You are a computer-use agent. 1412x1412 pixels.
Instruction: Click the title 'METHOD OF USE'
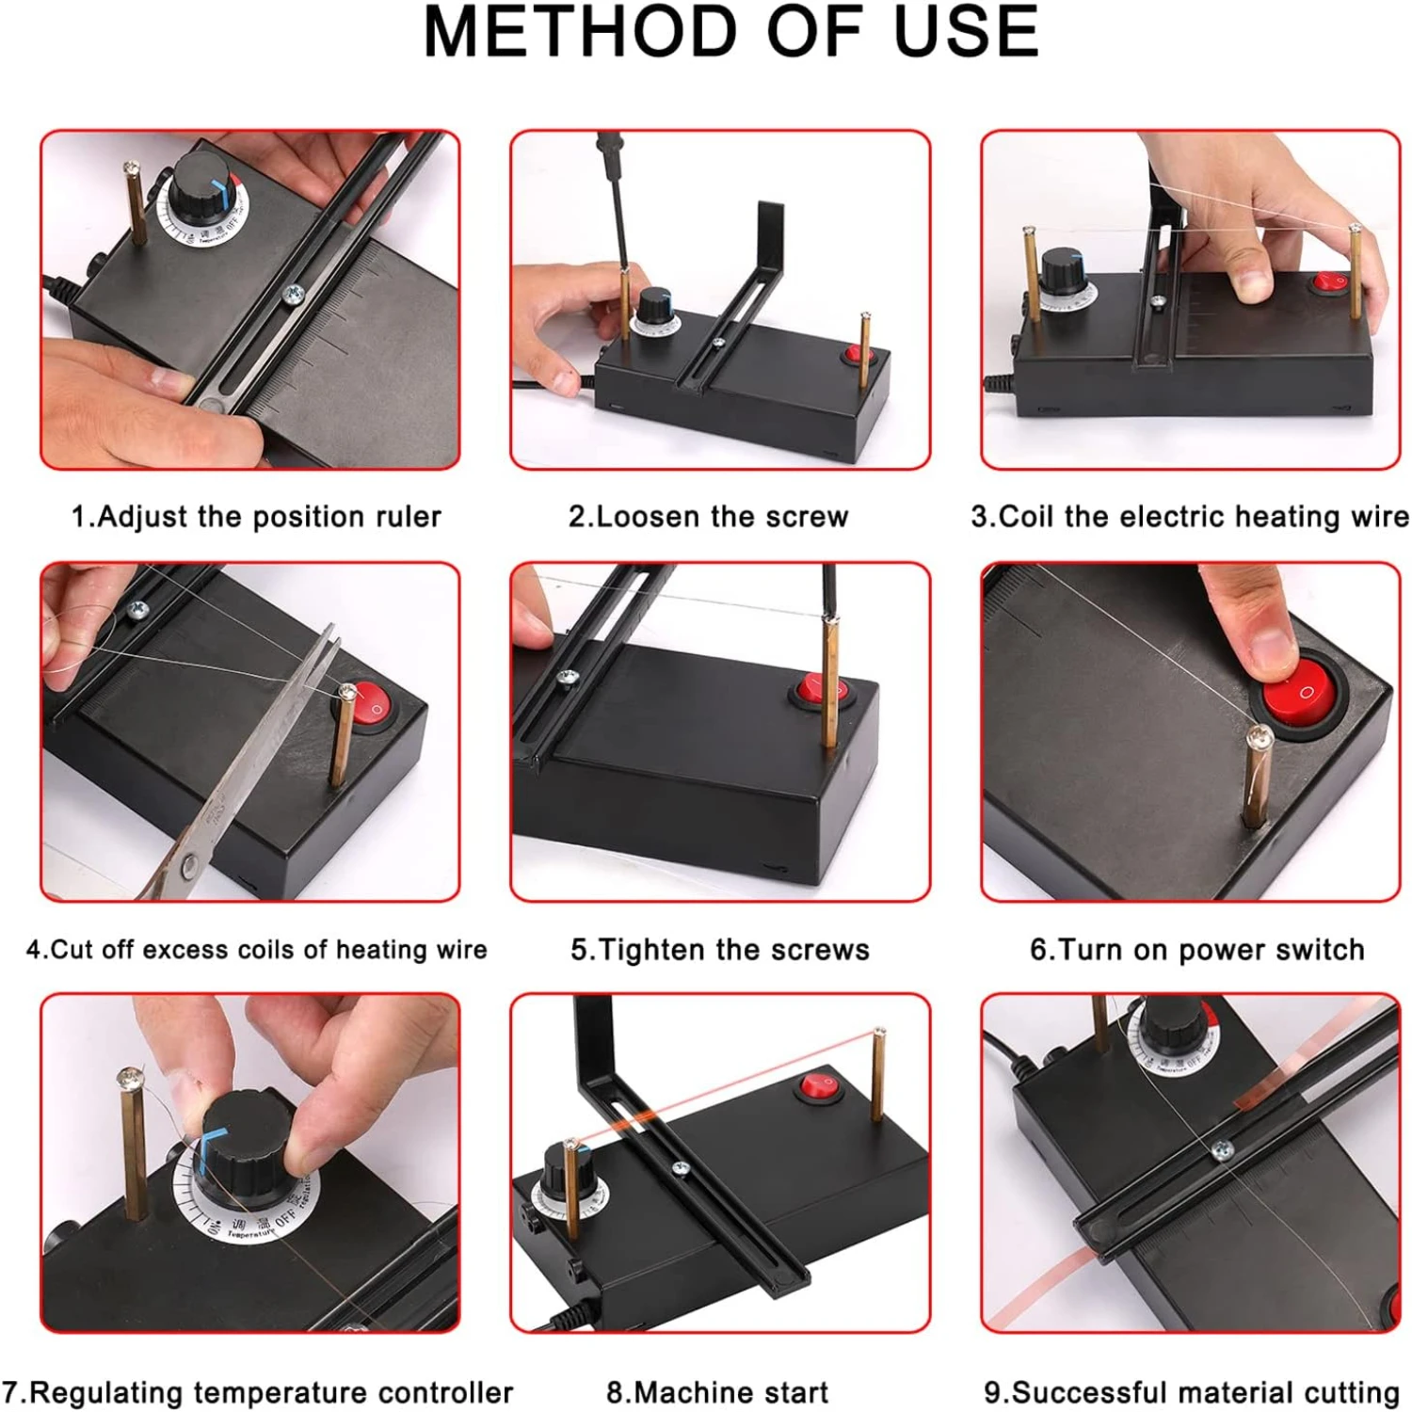click(x=730, y=32)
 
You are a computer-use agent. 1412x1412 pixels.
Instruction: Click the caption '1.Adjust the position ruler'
click(x=256, y=517)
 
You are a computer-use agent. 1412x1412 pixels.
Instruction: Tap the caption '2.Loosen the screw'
click(x=708, y=517)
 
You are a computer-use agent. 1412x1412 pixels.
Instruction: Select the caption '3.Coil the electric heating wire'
click(x=1190, y=517)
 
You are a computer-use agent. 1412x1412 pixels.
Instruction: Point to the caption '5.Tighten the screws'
click(x=720, y=950)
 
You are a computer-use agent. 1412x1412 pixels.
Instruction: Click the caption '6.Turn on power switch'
click(x=1196, y=950)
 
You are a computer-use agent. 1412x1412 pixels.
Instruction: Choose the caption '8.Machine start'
click(x=717, y=1392)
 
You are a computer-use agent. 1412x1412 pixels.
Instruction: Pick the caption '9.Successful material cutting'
click(x=1192, y=1392)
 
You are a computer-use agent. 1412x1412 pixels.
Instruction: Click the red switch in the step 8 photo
click(x=819, y=1087)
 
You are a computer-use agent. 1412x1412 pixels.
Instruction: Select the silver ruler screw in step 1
click(x=294, y=296)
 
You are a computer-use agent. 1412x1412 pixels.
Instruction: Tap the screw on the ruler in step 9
click(x=1221, y=1148)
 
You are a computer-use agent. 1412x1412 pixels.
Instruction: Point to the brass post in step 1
click(x=136, y=203)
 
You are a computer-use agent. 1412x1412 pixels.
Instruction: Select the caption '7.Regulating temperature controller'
click(x=257, y=1392)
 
